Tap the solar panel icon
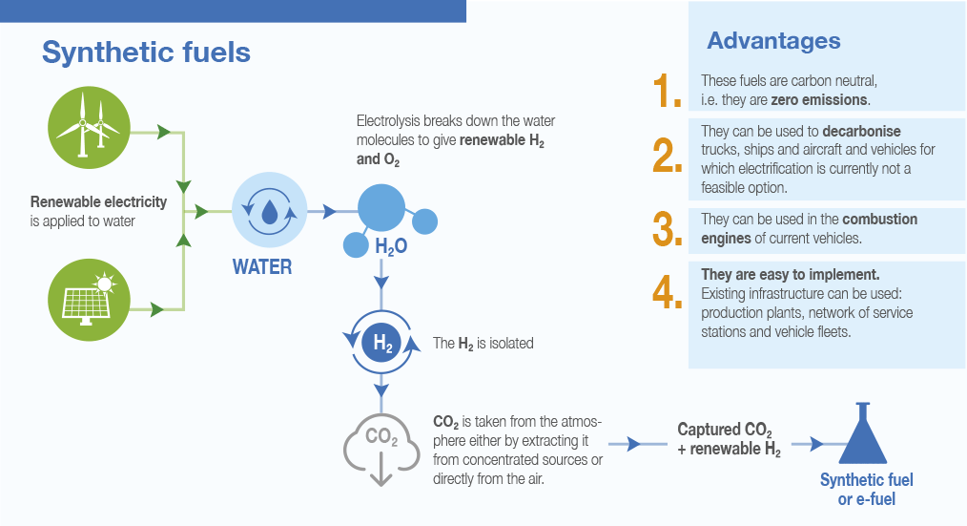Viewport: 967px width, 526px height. point(88,295)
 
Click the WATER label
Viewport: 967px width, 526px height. point(262,266)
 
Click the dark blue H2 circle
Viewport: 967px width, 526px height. point(382,344)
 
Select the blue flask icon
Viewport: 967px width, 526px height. point(865,435)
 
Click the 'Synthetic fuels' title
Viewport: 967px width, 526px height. point(146,52)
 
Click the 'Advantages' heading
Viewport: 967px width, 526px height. point(773,41)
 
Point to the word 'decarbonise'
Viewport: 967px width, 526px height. point(861,131)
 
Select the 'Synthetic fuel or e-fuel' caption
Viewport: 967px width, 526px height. point(866,489)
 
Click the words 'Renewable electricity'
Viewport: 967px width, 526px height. point(98,202)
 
